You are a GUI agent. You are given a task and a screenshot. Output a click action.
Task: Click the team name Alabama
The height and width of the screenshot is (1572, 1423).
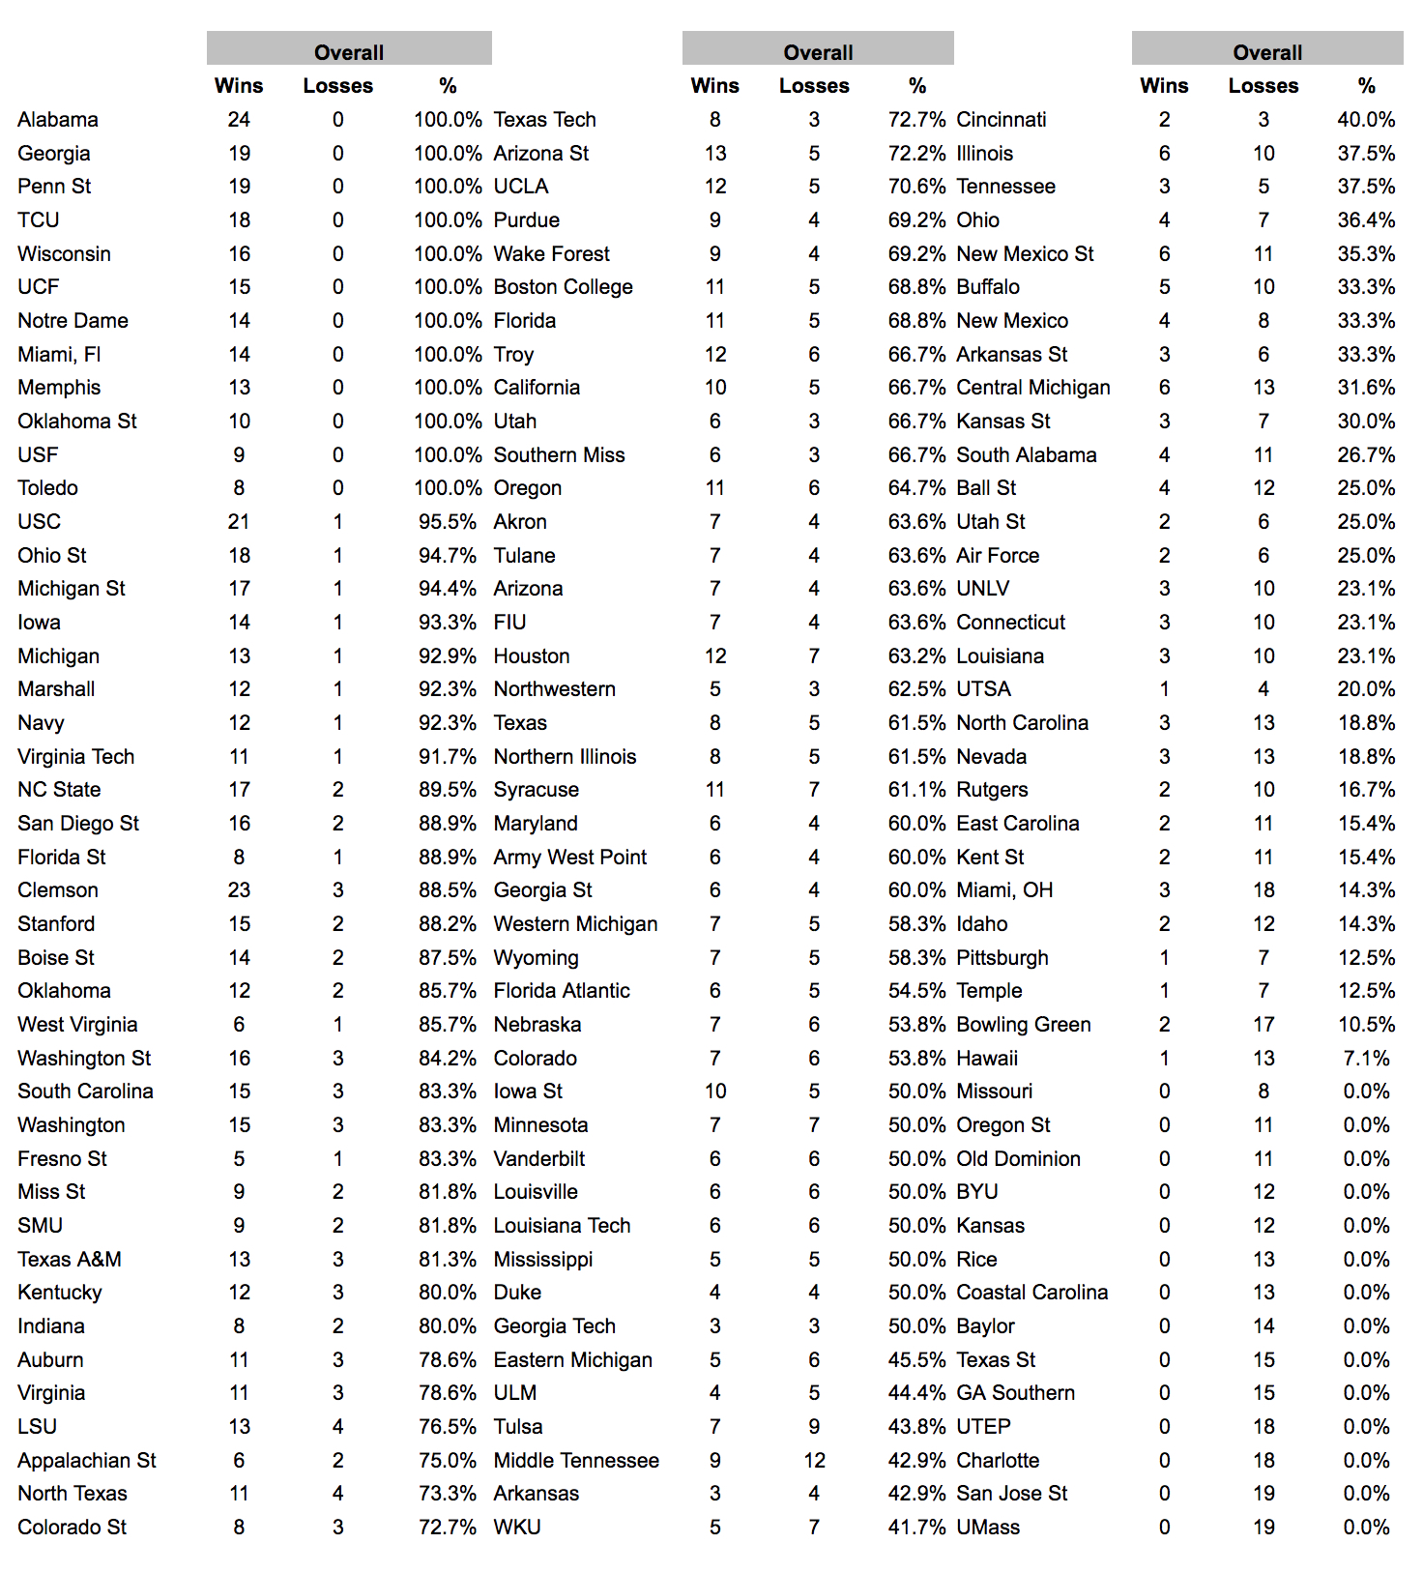[58, 120]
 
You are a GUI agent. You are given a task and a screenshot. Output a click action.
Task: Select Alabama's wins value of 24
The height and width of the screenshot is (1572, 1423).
[239, 120]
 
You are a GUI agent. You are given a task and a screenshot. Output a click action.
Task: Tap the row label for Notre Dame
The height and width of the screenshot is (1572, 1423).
[73, 321]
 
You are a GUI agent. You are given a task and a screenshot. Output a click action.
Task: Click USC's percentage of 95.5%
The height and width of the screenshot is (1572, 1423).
[448, 522]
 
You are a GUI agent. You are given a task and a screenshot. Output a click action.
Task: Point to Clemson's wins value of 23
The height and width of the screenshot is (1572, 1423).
[239, 890]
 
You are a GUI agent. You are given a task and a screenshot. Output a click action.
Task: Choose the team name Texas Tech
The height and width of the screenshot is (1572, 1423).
[544, 120]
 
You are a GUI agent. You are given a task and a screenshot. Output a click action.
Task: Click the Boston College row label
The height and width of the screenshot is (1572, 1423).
[563, 287]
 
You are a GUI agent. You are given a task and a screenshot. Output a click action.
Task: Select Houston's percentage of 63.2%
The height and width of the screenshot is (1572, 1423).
[916, 656]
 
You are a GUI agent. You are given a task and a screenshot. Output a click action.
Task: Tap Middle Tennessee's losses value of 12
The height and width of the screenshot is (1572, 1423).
[814, 1461]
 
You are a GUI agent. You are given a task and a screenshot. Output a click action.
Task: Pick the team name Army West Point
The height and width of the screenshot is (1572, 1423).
[569, 858]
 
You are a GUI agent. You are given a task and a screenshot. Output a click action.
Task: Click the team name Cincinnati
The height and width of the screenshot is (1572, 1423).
[1001, 120]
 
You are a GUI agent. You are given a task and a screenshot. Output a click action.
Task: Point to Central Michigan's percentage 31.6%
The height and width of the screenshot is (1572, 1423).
[1366, 388]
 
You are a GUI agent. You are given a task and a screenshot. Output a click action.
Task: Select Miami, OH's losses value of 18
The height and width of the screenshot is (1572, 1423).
[1263, 890]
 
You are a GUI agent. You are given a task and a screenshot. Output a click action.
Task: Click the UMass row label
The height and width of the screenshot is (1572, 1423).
[988, 1528]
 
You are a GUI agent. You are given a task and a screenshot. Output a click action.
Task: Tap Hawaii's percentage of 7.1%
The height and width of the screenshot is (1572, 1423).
[1366, 1059]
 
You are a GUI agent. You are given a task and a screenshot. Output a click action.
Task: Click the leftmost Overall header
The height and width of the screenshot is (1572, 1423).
[349, 52]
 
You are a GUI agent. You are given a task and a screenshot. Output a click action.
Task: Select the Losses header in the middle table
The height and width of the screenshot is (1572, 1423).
[814, 86]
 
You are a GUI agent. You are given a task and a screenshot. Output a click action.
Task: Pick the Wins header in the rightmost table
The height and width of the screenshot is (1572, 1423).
[1164, 86]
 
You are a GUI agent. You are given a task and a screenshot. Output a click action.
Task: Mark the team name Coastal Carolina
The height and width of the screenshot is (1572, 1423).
[1031, 1293]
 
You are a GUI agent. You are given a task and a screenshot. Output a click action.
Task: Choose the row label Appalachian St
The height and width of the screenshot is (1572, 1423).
[87, 1461]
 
